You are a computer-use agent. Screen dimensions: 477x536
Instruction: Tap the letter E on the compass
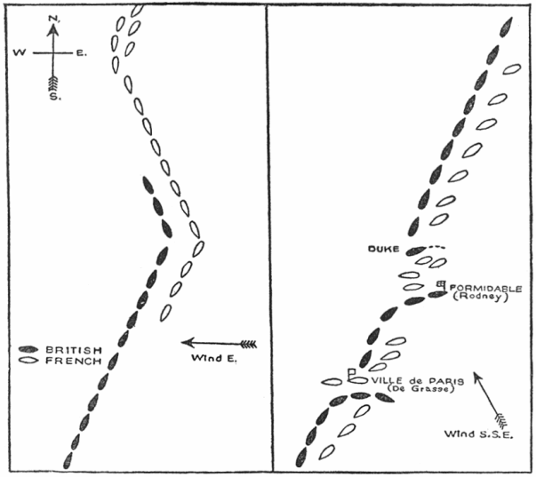[80, 54]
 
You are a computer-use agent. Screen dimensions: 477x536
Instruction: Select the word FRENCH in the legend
[70, 362]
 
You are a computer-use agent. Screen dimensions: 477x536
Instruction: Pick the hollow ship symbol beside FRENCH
[29, 362]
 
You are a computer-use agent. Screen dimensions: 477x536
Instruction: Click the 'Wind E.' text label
[213, 358]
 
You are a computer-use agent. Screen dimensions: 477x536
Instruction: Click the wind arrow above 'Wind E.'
[218, 343]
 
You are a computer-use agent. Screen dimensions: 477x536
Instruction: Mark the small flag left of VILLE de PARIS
[354, 374]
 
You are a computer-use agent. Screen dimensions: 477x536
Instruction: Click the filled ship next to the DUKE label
[417, 251]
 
